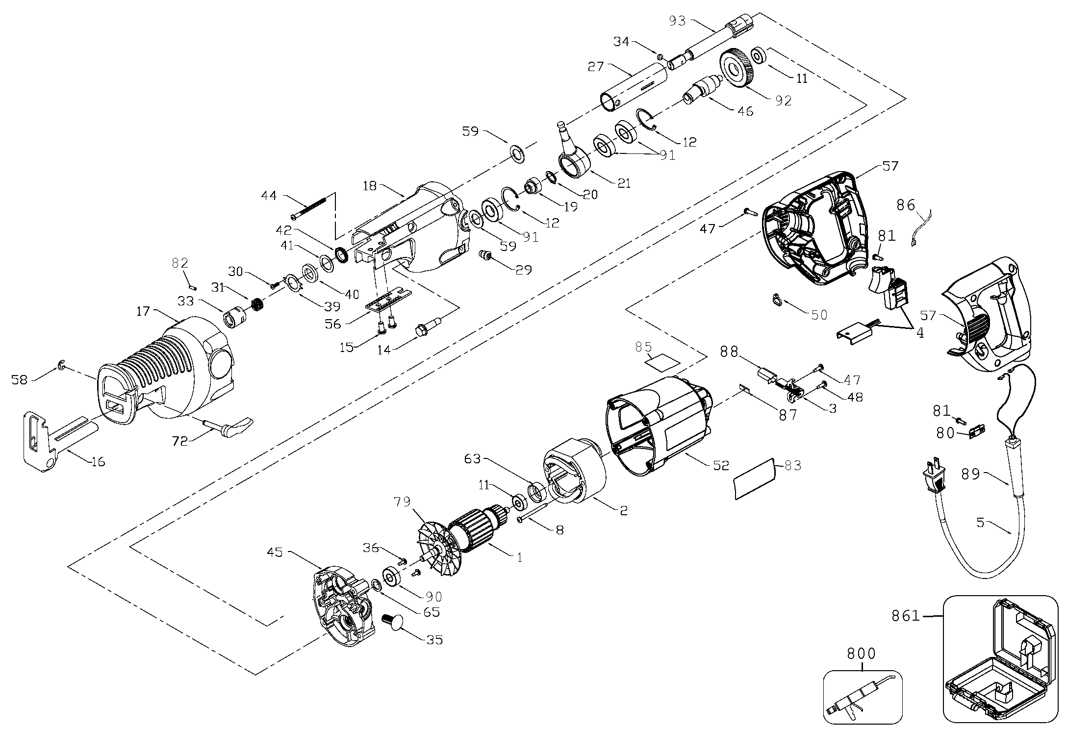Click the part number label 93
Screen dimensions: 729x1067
pos(679,21)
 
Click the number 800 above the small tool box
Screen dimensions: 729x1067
pos(861,654)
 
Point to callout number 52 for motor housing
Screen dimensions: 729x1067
pos(721,465)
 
